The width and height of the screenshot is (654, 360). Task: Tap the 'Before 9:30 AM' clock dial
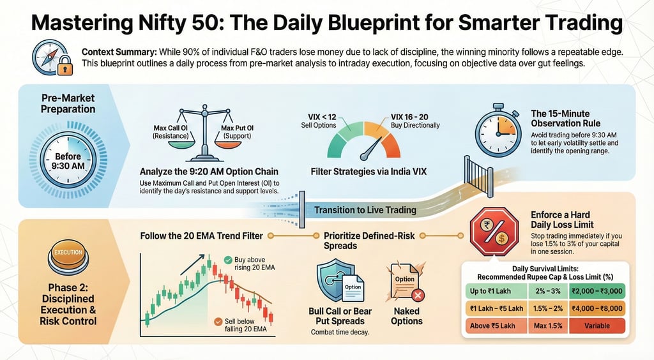tap(68, 161)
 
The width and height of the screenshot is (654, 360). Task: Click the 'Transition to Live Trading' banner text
tap(365, 210)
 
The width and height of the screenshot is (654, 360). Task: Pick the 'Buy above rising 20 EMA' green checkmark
tap(228, 260)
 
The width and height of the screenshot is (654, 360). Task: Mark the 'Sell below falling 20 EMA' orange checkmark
tap(219, 321)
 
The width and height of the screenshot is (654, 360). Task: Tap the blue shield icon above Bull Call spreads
tap(335, 280)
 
